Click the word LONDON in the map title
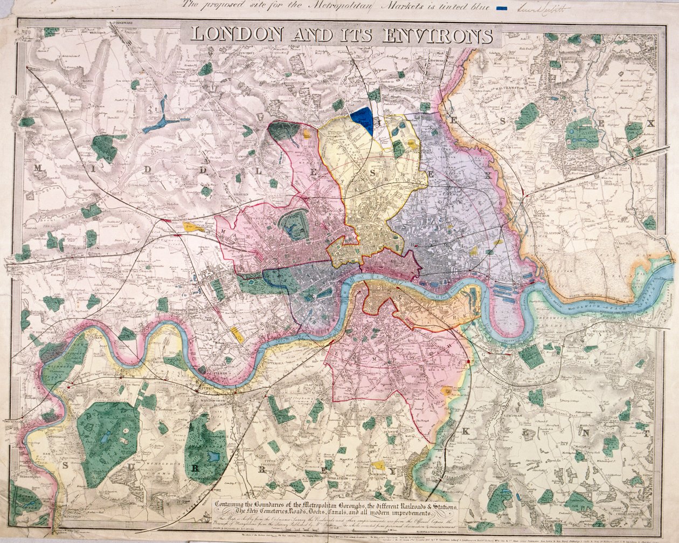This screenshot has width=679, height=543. click(x=235, y=35)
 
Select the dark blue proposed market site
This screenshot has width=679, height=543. click(x=363, y=119)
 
